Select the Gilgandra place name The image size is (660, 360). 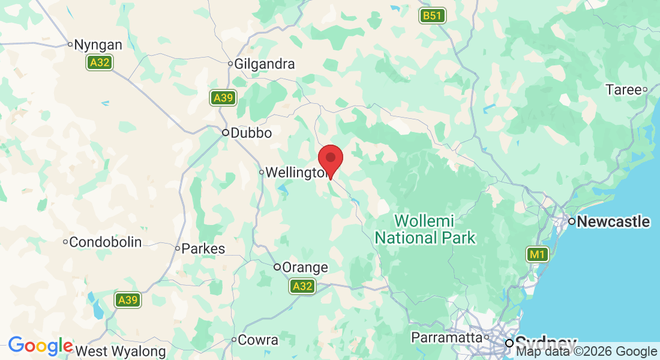pos(264,64)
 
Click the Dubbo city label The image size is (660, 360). pos(251,133)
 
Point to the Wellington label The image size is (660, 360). pos(295,173)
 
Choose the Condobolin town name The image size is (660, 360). pos(105,242)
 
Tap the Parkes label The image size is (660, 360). pos(203,248)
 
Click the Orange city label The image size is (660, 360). pos(305,268)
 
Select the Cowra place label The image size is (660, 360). pos(258,340)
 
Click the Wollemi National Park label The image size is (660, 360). pos(425,229)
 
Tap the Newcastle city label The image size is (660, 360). pos(613,222)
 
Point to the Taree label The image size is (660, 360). pos(623,90)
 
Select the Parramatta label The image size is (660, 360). pos(447,338)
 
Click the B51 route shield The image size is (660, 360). pos(432,16)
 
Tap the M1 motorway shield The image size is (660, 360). pos(537,255)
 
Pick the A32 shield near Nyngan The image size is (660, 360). pos(100,62)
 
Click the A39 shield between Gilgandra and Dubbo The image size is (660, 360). pos(223,98)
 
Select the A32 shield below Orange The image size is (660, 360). pos(302,287)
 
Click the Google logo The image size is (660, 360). pos(41,346)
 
